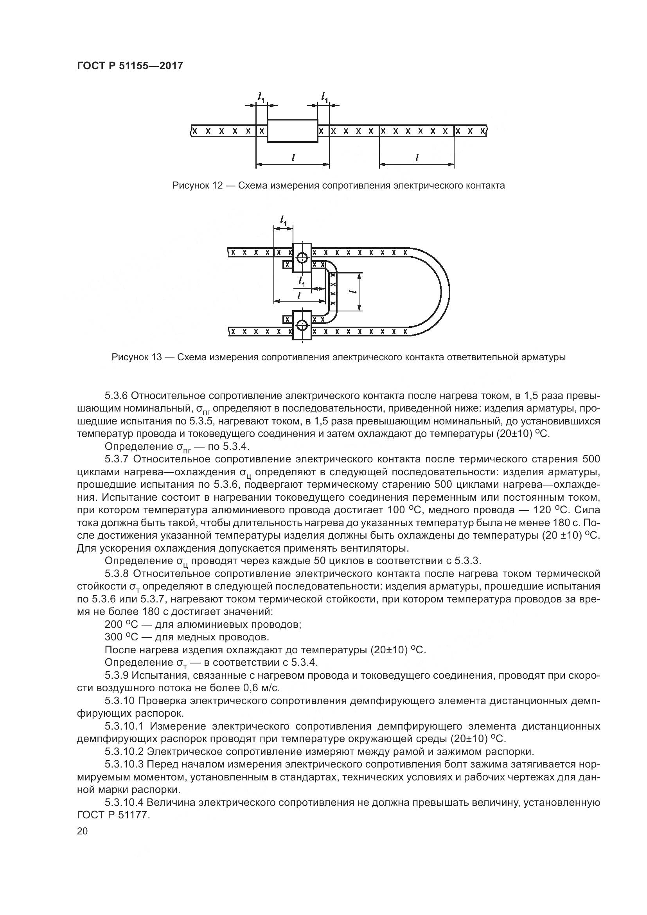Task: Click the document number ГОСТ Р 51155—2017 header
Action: click(130, 66)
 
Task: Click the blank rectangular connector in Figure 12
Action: click(293, 131)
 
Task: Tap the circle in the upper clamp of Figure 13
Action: click(302, 257)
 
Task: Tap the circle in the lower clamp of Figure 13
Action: click(302, 325)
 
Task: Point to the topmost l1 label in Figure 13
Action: click(284, 219)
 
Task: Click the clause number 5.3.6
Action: click(116, 396)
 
